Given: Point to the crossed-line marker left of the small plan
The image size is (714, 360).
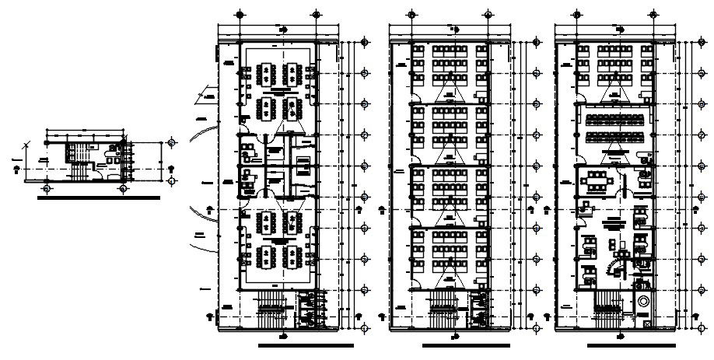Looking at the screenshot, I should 27,145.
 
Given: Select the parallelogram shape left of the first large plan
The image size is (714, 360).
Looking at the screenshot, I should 208,95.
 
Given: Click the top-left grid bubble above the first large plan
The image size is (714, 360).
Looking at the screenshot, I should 241,13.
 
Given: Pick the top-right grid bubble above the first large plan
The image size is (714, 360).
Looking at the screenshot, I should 315,13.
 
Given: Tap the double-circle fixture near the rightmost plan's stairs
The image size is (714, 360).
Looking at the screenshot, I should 643,301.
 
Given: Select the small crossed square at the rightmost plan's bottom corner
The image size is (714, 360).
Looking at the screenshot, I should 647,320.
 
